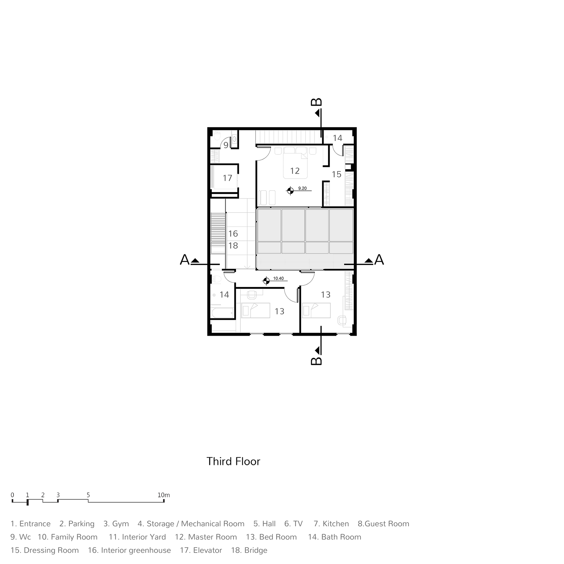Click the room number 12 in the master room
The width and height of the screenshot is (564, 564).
[295, 171]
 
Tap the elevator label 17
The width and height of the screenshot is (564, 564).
[227, 178]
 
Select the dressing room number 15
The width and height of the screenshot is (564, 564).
[336, 174]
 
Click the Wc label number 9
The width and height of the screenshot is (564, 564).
[226, 145]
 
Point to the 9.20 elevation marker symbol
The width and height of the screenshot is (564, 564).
[290, 191]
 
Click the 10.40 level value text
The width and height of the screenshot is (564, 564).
[278, 279]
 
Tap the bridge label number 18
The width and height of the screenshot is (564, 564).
[233, 246]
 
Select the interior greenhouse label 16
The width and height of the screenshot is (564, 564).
[233, 233]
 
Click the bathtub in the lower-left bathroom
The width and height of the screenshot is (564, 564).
[222, 313]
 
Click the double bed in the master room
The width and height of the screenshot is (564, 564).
[295, 163]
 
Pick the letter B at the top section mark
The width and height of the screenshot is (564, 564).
[316, 102]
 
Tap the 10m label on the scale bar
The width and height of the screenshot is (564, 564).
[164, 495]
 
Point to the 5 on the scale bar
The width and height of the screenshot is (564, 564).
[88, 495]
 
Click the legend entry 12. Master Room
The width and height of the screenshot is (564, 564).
[206, 537]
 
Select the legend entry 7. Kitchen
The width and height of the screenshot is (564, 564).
[331, 524]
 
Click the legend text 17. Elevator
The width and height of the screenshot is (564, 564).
[201, 550]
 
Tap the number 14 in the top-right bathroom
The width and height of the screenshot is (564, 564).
[338, 138]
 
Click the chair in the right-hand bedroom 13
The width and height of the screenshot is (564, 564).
[342, 320]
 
